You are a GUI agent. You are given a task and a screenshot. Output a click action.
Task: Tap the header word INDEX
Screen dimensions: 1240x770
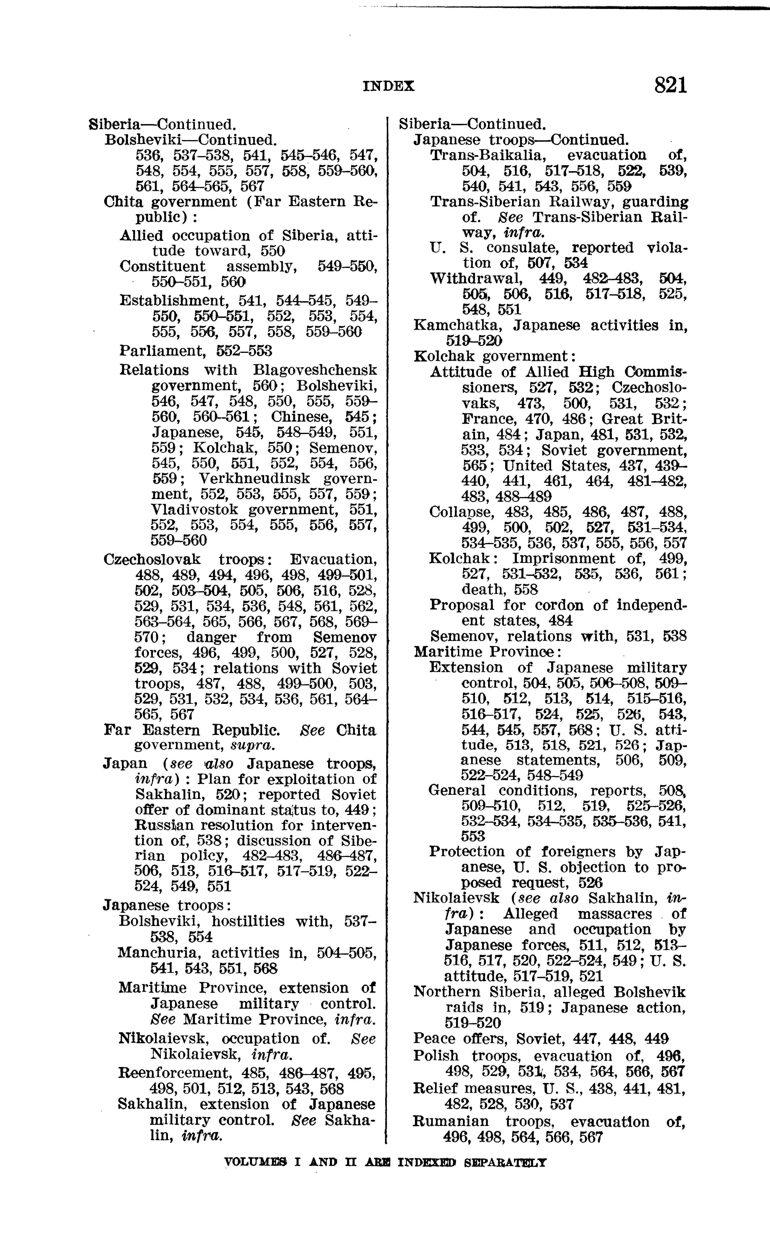point(389,87)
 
